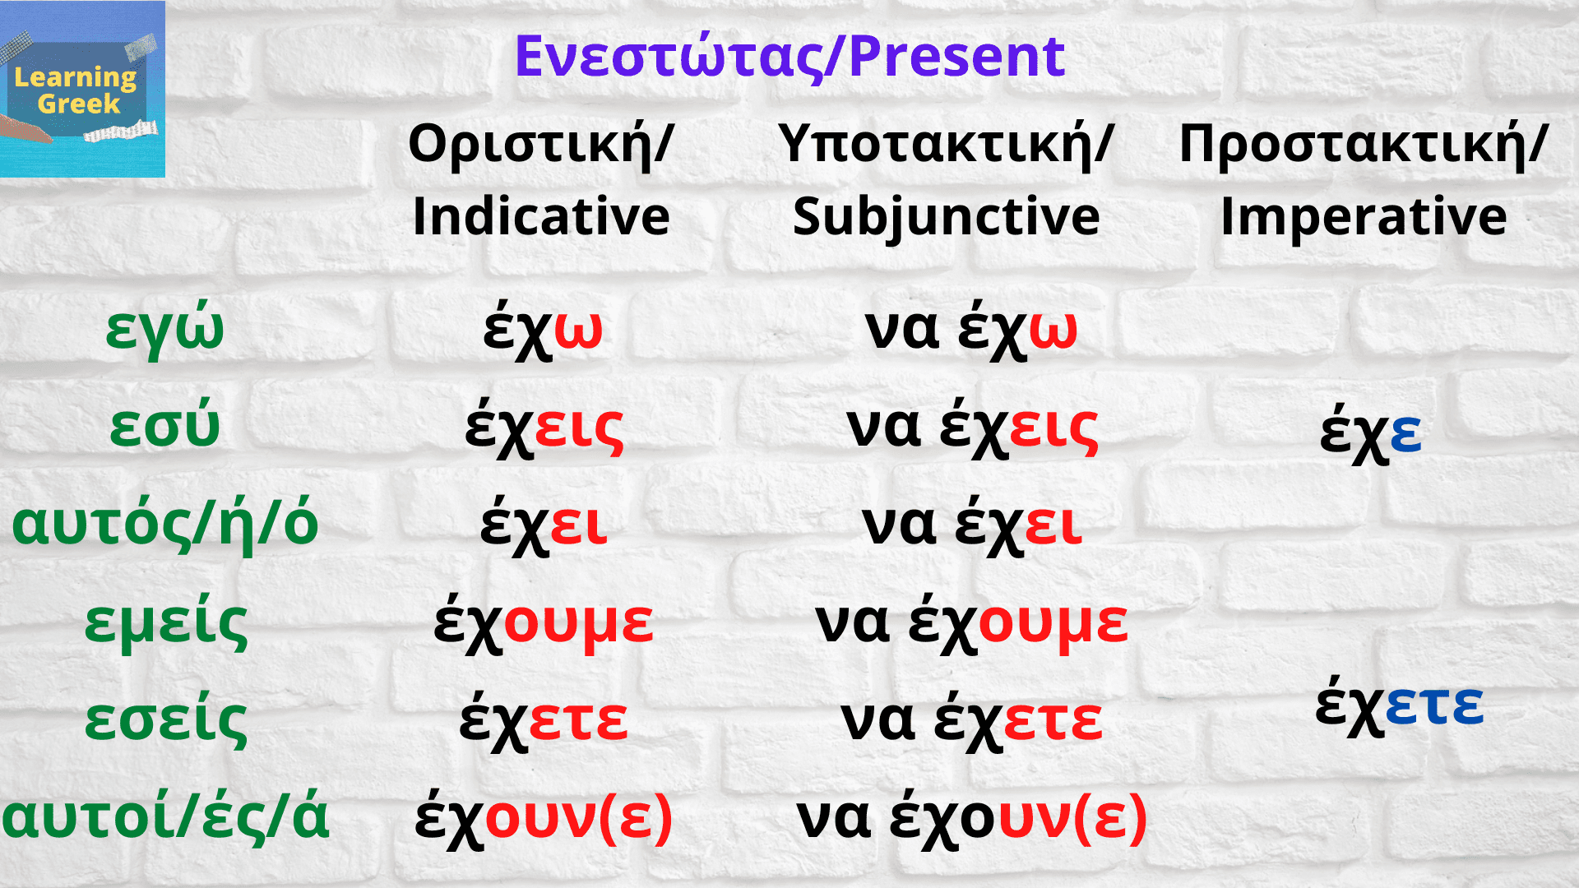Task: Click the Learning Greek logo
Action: point(81,89)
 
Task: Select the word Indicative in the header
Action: point(541,217)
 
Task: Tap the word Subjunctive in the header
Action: point(946,217)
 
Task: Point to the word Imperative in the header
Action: point(1364,217)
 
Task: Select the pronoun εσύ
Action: point(164,426)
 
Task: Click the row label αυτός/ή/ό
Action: point(164,524)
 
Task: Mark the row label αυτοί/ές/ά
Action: point(164,817)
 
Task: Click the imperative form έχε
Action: point(1370,432)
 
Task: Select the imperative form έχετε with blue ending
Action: point(1399,705)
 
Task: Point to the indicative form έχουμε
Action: point(543,623)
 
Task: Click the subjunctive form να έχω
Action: point(970,329)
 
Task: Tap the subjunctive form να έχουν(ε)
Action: point(971,818)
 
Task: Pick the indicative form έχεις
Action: point(544,428)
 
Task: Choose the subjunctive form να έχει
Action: point(971,525)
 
